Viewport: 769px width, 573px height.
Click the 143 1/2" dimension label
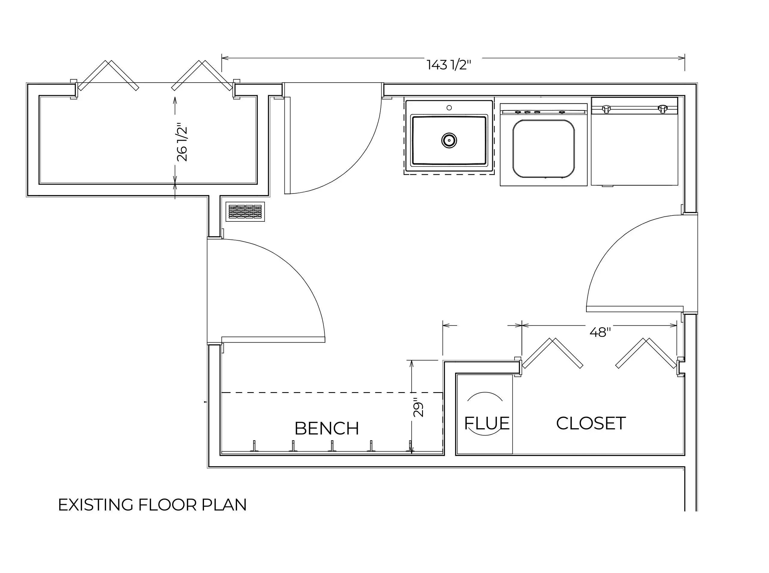[449, 65]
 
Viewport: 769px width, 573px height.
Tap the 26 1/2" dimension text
[182, 142]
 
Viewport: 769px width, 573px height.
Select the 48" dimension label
[600, 332]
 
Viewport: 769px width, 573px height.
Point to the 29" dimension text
[418, 410]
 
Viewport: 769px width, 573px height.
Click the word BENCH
[327, 429]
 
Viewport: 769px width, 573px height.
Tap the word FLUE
[487, 423]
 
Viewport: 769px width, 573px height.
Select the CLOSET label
[591, 423]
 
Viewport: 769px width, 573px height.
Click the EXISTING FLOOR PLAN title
[152, 505]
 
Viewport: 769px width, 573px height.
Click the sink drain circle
[449, 140]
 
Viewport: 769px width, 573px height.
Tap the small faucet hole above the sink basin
[449, 108]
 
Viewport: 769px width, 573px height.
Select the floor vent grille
[245, 212]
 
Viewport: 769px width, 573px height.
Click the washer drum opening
[543, 149]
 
